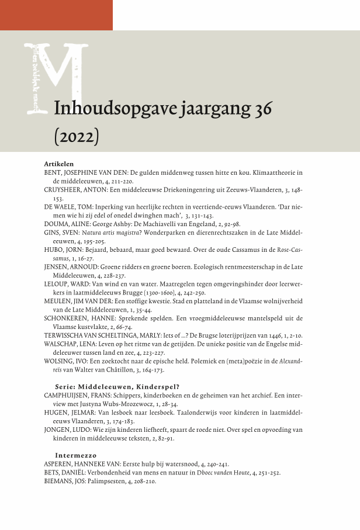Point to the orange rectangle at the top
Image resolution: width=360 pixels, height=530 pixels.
click(x=56, y=15)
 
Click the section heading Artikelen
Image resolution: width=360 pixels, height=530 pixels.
click(x=58, y=164)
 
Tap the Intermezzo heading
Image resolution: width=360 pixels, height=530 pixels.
click(x=75, y=455)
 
